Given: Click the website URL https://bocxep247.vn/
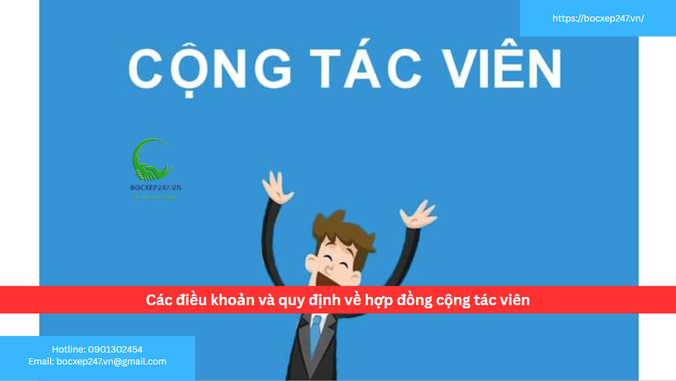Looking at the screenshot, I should pos(598,18).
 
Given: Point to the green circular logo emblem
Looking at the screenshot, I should pos(152,160).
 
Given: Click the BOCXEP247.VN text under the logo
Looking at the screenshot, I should pos(156,188).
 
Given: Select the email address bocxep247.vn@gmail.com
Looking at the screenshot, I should pos(111,361).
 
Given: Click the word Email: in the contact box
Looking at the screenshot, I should pos(41,361).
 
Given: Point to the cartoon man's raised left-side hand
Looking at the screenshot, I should pos(274,187).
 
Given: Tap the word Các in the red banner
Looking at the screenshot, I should pos(159,301).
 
